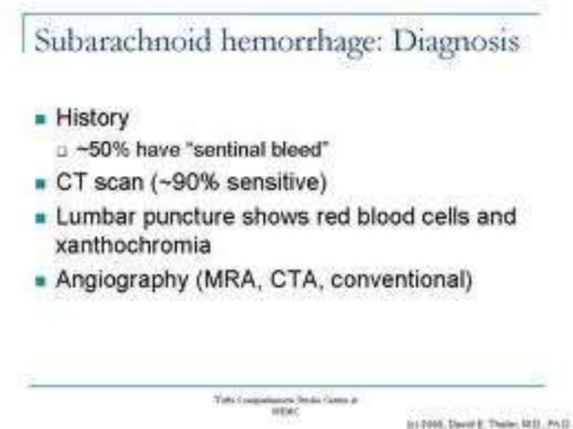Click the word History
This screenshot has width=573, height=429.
[x=93, y=118]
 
